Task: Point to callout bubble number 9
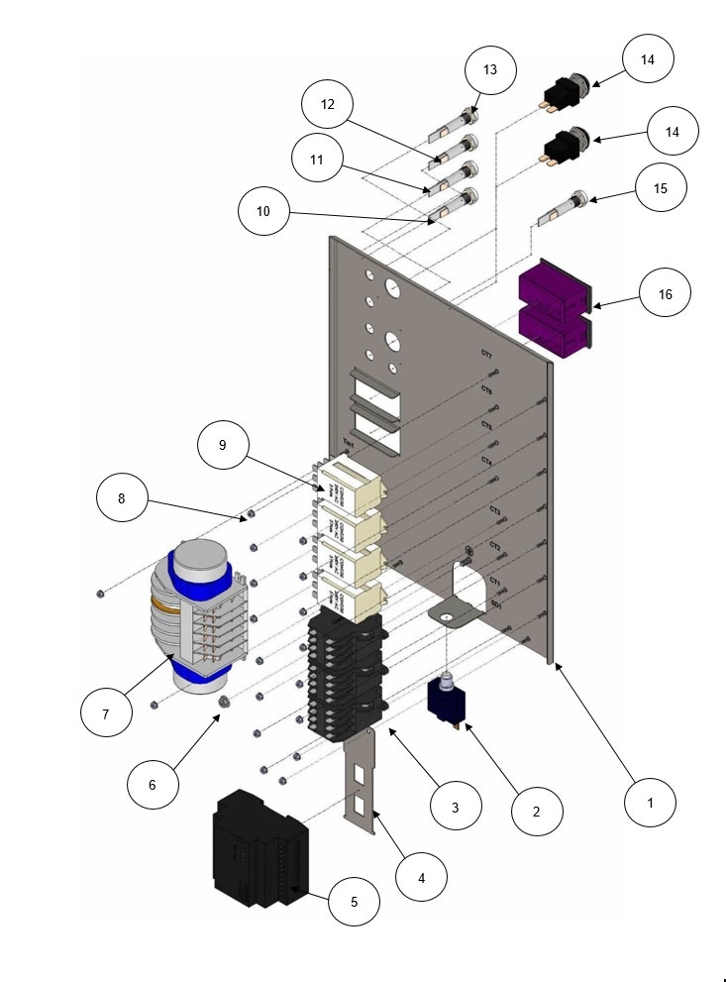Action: pyautogui.click(x=221, y=446)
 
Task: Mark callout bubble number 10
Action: pyautogui.click(x=263, y=210)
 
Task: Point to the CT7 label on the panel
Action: pyautogui.click(x=486, y=354)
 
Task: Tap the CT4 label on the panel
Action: pyautogui.click(x=486, y=461)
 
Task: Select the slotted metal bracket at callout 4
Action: pyautogui.click(x=362, y=783)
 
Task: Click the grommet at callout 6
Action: pyautogui.click(x=224, y=702)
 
